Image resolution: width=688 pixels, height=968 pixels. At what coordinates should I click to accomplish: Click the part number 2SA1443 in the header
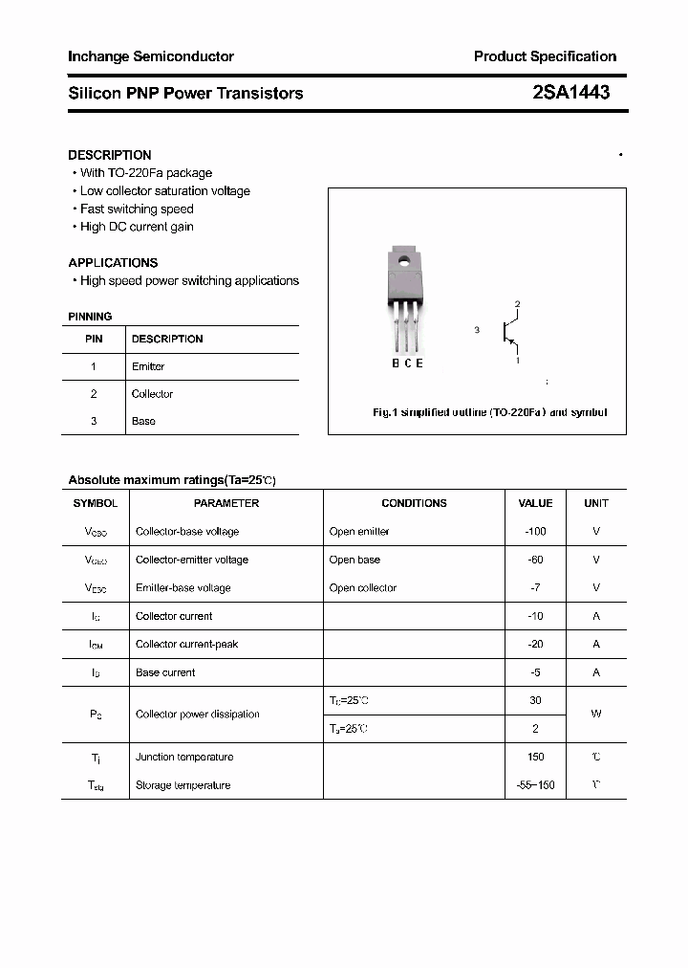570,93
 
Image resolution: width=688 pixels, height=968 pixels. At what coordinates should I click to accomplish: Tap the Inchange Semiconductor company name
151,56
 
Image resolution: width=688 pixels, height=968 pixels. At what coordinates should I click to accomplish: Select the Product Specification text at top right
545,56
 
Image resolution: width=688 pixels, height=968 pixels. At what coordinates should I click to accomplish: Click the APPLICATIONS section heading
113,262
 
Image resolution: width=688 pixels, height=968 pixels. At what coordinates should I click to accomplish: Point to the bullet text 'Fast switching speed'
137,209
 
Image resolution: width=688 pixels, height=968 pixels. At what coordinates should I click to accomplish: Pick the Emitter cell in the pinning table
148,366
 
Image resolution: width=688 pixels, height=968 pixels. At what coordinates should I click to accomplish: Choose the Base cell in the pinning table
143,421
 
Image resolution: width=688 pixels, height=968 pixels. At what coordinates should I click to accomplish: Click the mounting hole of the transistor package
403,260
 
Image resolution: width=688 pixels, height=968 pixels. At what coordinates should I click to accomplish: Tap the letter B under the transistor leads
396,363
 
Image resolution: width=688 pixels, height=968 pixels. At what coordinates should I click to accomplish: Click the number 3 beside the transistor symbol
476,330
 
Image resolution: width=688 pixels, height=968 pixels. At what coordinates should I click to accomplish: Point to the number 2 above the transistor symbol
517,304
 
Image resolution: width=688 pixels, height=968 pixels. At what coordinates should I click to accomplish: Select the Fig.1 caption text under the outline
489,412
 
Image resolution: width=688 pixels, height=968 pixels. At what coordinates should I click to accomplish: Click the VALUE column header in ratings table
535,503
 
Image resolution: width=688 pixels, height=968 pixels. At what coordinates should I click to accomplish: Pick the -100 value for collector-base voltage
535,531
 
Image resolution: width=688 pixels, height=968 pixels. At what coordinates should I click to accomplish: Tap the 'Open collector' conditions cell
363,587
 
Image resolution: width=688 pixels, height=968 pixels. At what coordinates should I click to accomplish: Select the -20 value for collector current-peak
535,644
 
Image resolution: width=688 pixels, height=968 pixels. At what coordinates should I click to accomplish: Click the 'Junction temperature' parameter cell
184,757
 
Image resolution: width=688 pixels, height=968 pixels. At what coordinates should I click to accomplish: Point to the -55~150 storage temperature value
535,785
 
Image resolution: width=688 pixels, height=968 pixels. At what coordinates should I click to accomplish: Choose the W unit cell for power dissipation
596,714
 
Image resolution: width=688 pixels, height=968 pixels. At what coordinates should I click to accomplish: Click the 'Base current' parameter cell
165,672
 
